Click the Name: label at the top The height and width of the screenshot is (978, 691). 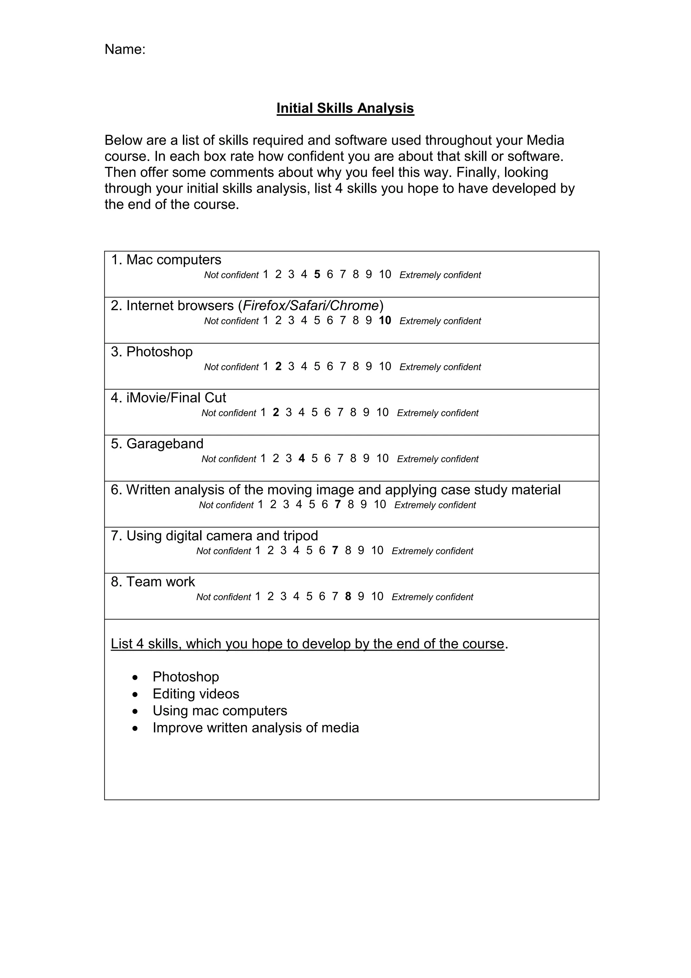point(125,49)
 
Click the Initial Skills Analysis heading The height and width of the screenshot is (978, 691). point(345,108)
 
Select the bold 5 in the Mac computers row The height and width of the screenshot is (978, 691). point(317,275)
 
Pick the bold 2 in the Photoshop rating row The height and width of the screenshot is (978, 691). point(278,367)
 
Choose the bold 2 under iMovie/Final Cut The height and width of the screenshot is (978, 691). point(276,413)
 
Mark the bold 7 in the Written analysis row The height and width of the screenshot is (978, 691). point(338,505)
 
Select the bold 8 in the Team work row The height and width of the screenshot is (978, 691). point(348,597)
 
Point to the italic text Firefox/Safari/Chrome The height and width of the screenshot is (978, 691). point(310,306)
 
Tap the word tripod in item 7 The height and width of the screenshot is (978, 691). point(301,536)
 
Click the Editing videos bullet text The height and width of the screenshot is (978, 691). point(196,694)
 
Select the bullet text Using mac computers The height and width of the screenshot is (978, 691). point(220,711)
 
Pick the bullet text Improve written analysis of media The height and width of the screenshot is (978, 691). point(255,728)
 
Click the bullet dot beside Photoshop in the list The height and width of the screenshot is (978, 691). point(135,677)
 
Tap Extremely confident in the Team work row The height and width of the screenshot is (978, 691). point(432,597)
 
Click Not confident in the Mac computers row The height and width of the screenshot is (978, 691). point(231,275)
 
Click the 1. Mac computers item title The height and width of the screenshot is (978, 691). point(166,260)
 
